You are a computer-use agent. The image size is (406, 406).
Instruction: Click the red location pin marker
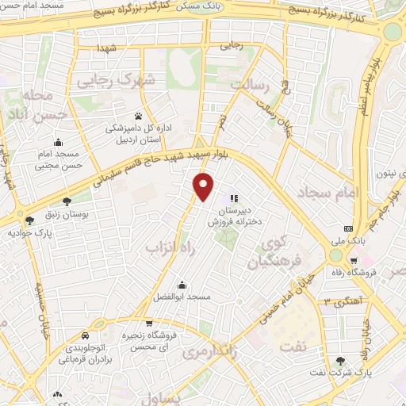[x=204, y=186]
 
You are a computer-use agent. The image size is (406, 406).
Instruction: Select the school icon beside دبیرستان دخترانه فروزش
[x=233, y=198]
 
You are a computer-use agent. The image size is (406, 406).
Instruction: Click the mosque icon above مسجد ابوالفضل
[x=182, y=285]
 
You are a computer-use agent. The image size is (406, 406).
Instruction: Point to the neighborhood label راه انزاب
[x=166, y=249]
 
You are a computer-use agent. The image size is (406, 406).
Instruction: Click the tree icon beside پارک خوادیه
[x=29, y=220]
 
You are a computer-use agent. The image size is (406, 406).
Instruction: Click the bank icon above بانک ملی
[x=347, y=229]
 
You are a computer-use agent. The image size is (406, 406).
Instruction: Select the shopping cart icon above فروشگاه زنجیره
[x=149, y=324]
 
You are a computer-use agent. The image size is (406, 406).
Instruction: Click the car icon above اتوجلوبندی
[x=84, y=335]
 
